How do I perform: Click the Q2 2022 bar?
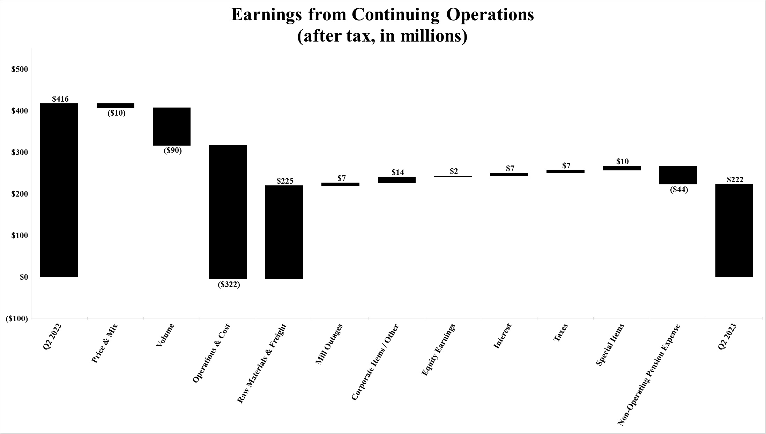(x=59, y=190)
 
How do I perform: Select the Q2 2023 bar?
(x=734, y=230)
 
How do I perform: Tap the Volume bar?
(x=172, y=126)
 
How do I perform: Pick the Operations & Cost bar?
(x=228, y=212)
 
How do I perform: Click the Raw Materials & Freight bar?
(x=284, y=232)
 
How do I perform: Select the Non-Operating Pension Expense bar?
(x=678, y=175)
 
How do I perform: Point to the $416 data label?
(x=60, y=99)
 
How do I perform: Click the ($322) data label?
(x=229, y=285)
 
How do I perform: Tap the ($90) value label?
(x=173, y=151)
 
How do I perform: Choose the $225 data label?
(x=285, y=181)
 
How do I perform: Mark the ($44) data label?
(x=679, y=190)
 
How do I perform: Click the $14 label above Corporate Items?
(x=397, y=172)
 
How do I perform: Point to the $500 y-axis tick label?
(x=20, y=69)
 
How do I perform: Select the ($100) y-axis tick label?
(x=17, y=318)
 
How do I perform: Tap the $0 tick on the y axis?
(x=24, y=277)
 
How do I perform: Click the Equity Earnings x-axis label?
(x=438, y=350)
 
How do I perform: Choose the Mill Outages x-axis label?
(x=329, y=344)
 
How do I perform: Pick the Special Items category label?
(x=610, y=345)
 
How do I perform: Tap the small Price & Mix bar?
(x=116, y=105)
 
